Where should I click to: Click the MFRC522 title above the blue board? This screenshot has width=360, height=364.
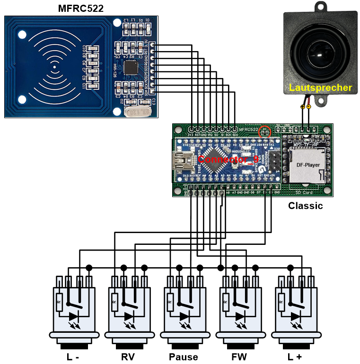pyautogui.click(x=81, y=8)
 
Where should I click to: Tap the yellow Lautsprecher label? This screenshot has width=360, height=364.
pyautogui.click(x=320, y=88)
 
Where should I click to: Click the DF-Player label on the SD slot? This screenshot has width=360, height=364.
pyautogui.click(x=308, y=165)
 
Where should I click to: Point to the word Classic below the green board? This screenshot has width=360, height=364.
pyautogui.click(x=306, y=206)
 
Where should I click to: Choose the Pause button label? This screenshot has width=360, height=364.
pyautogui.click(x=183, y=356)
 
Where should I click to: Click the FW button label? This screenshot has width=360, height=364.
pyautogui.click(x=239, y=356)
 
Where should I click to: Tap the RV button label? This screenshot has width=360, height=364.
pyautogui.click(x=127, y=356)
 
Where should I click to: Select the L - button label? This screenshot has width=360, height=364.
pyautogui.click(x=72, y=356)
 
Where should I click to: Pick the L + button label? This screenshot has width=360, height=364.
pyautogui.click(x=294, y=356)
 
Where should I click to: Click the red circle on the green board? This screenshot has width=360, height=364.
pyautogui.click(x=265, y=132)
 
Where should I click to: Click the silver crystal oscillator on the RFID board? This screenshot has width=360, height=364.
pyautogui.click(x=136, y=112)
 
